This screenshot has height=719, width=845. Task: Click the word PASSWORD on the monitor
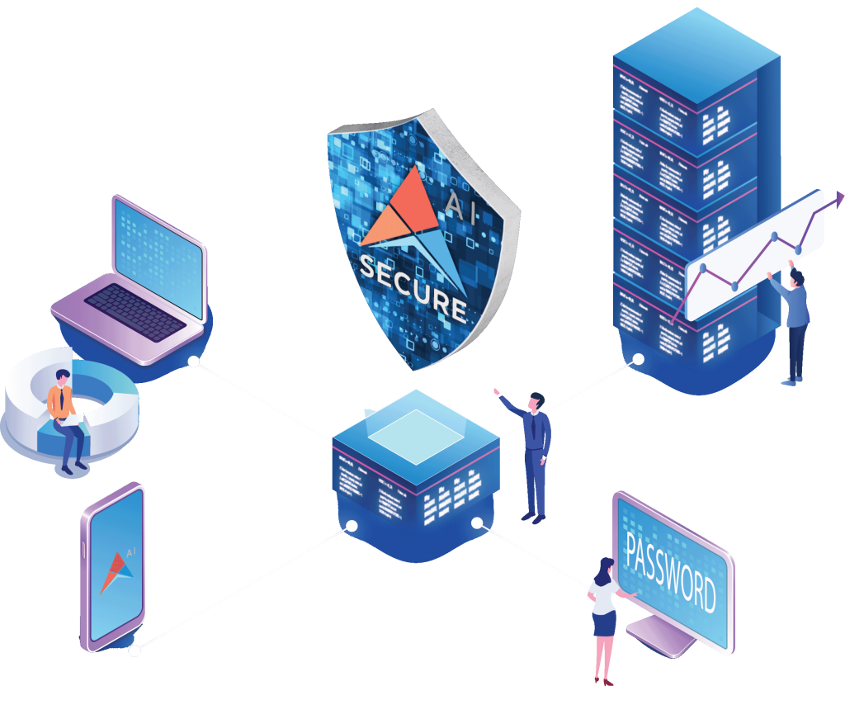(x=670, y=570)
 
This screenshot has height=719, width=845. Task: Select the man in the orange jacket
(x=64, y=417)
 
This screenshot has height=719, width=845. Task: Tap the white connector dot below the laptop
(x=194, y=362)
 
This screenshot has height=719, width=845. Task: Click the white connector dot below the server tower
(x=638, y=358)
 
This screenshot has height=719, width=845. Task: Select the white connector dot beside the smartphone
(x=135, y=652)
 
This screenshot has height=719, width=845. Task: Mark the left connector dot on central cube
(x=352, y=526)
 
